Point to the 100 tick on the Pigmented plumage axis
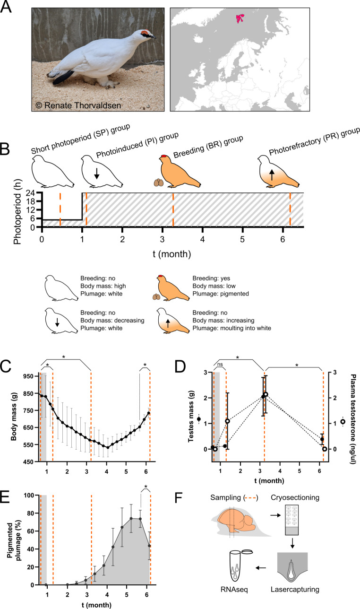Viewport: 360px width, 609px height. [x=29, y=496]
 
